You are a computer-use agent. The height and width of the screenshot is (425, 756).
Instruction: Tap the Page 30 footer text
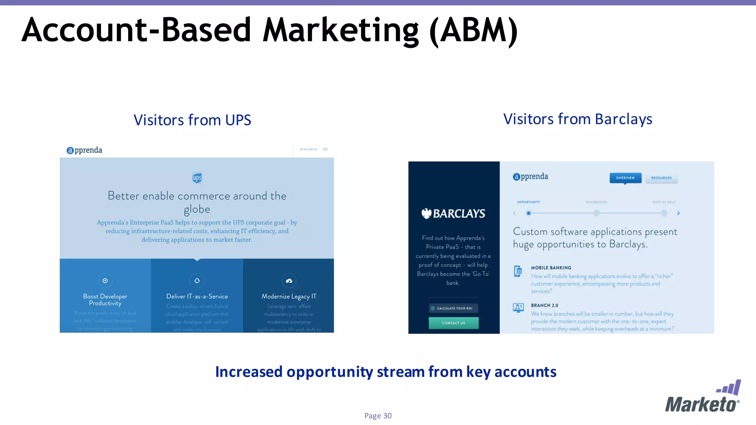pyautogui.click(x=378, y=416)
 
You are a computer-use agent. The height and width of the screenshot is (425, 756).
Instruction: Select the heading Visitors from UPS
pyautogui.click(x=192, y=120)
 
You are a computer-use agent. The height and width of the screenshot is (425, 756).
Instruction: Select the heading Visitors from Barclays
pyautogui.click(x=578, y=119)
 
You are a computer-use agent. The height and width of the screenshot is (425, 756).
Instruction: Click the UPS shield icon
pyautogui.click(x=197, y=178)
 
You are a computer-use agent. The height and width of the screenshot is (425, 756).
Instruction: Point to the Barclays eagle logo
pyautogui.click(x=427, y=213)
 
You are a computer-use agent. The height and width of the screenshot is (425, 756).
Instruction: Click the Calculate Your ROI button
pyautogui.click(x=453, y=308)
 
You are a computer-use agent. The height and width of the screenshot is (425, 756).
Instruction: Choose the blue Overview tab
pyautogui.click(x=625, y=178)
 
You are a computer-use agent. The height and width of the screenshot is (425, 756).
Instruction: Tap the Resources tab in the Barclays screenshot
pyautogui.click(x=661, y=178)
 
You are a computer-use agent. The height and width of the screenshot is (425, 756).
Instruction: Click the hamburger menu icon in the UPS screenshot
pyautogui.click(x=325, y=149)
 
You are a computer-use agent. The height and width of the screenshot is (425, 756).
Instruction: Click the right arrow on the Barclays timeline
pyautogui.click(x=678, y=213)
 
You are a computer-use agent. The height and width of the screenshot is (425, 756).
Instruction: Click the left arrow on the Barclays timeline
pyautogui.click(x=514, y=213)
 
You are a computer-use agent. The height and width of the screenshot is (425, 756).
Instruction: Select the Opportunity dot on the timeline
pyautogui.click(x=529, y=213)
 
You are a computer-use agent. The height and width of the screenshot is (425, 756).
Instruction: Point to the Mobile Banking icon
pyautogui.click(x=518, y=271)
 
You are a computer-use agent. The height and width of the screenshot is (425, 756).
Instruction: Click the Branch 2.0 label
pyautogui.click(x=544, y=305)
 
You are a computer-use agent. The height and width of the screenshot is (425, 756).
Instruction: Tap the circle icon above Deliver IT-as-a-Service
pyautogui.click(x=197, y=281)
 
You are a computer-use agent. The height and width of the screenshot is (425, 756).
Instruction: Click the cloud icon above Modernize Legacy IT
pyautogui.click(x=289, y=281)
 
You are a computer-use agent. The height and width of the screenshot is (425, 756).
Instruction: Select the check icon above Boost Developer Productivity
pyautogui.click(x=105, y=281)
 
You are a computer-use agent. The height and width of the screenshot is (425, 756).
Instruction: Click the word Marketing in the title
pyautogui.click(x=341, y=30)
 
